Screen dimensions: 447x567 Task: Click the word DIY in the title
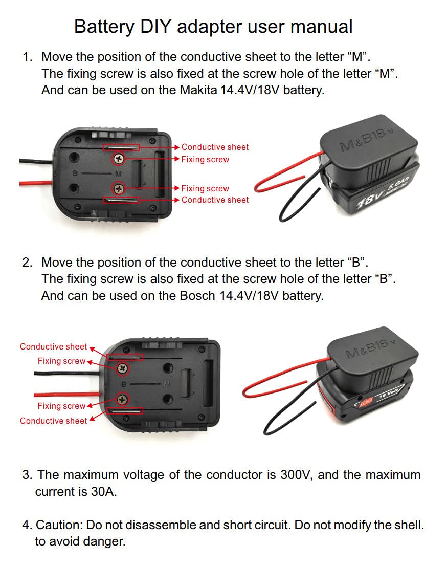tap(155, 27)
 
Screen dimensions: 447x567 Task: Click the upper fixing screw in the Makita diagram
tap(119, 158)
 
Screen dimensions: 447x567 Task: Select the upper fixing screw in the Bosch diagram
tap(123, 368)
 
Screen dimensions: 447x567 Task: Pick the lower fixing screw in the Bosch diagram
tap(123, 400)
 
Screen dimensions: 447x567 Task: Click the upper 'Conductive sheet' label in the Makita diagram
tap(215, 147)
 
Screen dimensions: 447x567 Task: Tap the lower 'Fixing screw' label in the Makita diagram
tap(205, 188)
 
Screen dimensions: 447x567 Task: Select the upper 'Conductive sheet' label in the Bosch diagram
tap(54, 346)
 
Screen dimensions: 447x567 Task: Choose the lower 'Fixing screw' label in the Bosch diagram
tap(61, 406)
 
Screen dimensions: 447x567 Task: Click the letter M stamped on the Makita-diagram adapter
tap(119, 174)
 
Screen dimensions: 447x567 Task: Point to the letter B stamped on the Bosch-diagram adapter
tap(124, 384)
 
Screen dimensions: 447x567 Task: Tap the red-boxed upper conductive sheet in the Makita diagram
tap(121, 147)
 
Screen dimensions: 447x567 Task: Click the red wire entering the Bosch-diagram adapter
tap(67, 394)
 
